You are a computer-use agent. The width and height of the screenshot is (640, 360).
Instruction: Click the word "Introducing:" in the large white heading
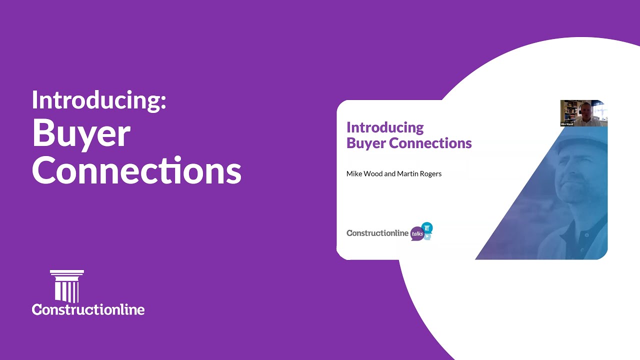point(99,100)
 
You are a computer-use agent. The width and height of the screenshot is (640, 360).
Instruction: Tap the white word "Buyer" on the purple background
point(81,134)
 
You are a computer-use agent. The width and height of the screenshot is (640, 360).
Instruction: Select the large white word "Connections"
point(136,170)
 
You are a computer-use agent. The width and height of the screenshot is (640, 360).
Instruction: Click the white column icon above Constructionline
point(67,286)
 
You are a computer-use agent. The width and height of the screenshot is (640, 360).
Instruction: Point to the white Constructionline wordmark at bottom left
point(88,309)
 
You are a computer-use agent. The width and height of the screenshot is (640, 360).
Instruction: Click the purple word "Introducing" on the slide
point(385,127)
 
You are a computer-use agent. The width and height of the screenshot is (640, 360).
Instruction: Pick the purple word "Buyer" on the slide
point(365,143)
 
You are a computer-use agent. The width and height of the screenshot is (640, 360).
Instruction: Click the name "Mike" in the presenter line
point(354,174)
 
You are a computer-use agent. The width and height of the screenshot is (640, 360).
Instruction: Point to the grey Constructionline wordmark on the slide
point(377,233)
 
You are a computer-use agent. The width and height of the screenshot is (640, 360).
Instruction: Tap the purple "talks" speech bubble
point(417,233)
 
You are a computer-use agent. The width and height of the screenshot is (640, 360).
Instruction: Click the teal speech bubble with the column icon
point(427,227)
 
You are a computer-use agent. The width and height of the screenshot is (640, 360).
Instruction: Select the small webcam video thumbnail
point(583,113)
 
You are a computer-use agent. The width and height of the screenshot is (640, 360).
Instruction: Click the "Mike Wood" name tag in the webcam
point(567,124)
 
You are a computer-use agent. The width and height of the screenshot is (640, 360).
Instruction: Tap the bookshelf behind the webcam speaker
point(568,110)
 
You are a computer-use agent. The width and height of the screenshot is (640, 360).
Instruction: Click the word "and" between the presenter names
point(390,174)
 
